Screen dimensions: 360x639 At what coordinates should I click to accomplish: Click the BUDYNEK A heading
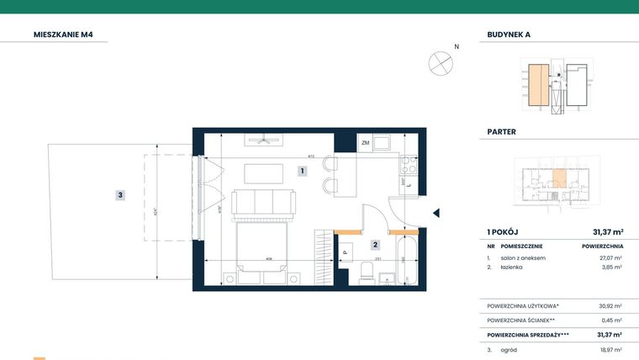tap(509, 35)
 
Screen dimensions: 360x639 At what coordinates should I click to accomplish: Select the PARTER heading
tap(502, 132)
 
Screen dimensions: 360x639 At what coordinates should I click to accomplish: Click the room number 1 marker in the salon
tap(302, 171)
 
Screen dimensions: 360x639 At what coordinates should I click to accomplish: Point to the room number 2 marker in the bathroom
tap(376, 245)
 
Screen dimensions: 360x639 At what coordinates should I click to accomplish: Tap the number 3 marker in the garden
tap(120, 195)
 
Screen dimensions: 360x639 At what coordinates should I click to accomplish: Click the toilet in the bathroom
tap(367, 272)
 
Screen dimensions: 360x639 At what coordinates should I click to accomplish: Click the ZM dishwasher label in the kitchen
tap(365, 144)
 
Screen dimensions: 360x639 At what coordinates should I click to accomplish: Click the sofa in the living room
tap(263, 203)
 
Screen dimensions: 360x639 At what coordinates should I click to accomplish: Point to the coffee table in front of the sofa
tap(264, 173)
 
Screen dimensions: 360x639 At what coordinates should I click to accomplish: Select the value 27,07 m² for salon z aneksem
tap(611, 258)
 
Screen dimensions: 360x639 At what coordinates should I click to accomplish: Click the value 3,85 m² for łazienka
tap(612, 267)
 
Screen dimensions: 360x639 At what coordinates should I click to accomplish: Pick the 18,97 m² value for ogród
tap(611, 349)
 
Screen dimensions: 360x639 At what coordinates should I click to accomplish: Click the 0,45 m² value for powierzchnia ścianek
tap(613, 320)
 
